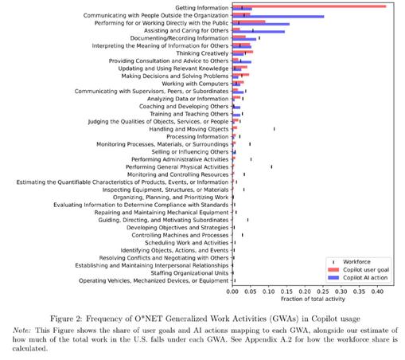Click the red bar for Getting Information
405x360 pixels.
point(310,6)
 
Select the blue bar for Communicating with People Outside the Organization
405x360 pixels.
point(278,17)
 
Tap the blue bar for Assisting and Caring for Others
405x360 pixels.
point(259,32)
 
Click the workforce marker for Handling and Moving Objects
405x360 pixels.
point(274,129)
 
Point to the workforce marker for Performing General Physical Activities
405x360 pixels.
point(271,166)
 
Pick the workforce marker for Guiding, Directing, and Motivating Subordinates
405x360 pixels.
point(247,220)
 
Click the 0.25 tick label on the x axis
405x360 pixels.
point(323,292)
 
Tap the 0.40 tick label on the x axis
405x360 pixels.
point(377,292)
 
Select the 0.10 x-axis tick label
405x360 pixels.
point(269,292)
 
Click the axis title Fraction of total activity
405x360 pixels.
point(313,299)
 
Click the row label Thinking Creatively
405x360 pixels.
point(202,53)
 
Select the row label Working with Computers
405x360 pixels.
point(195,84)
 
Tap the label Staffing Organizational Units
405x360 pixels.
point(189,273)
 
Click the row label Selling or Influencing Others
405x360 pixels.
point(190,152)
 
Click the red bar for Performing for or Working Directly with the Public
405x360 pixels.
point(249,22)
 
